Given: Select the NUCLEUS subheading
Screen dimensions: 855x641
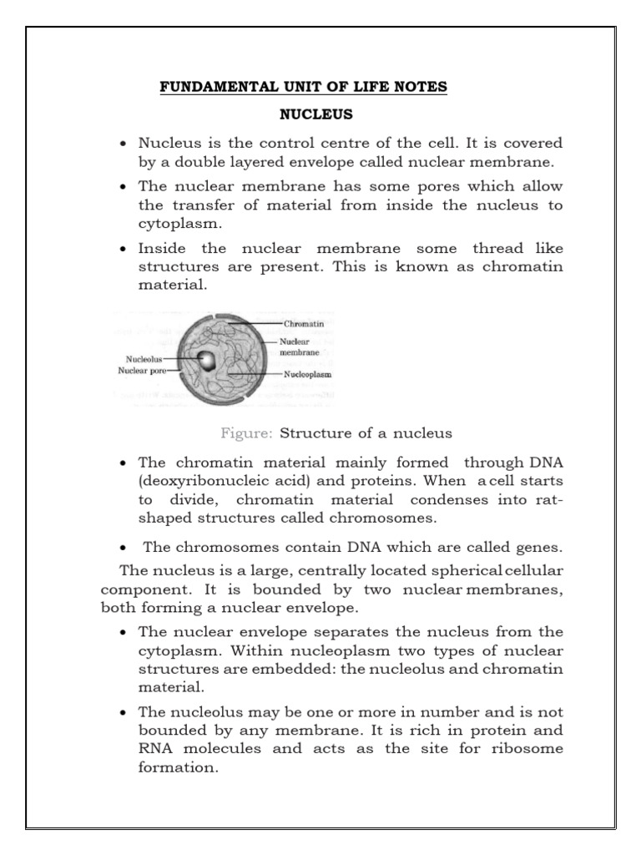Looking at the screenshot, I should click(305, 114).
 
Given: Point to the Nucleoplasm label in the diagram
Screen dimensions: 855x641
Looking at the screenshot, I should click(309, 375).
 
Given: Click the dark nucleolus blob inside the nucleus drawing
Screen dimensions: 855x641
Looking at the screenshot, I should click(209, 361).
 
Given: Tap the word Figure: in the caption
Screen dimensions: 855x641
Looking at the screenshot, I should click(247, 433).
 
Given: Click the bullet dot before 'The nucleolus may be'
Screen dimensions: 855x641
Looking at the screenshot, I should click(124, 713).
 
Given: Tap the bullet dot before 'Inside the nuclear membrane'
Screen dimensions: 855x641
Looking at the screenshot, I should click(124, 250).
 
